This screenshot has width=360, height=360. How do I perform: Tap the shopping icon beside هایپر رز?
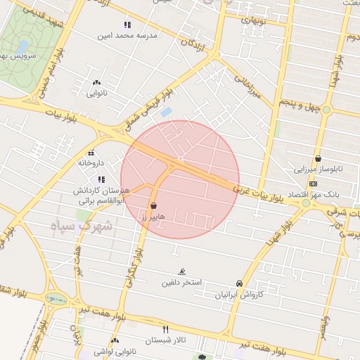(153, 206)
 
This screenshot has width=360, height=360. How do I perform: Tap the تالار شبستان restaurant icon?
(166, 329)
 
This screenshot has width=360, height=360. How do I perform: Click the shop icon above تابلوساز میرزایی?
(319, 158)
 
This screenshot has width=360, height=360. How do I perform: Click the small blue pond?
(166, 112)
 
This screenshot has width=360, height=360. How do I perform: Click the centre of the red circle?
(180, 180)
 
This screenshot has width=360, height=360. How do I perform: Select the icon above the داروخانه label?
(91, 153)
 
